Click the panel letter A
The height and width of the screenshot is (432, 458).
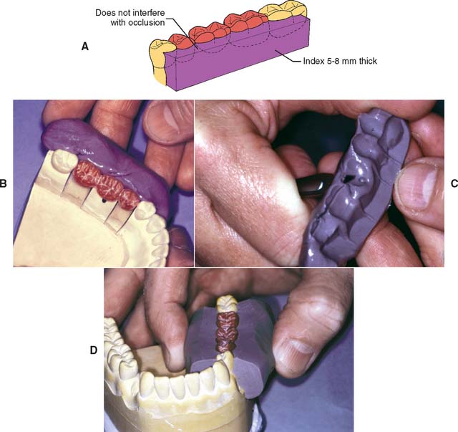(x=84, y=47)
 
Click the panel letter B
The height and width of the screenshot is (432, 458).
(x=3, y=183)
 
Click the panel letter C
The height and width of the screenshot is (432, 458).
(x=454, y=183)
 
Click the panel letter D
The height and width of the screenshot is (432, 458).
(x=94, y=350)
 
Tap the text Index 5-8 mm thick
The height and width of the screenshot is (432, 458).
(x=340, y=61)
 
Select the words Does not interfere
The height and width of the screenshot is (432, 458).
(x=130, y=13)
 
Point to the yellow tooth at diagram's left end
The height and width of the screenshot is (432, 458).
(x=158, y=62)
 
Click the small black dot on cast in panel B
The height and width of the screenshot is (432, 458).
(x=103, y=201)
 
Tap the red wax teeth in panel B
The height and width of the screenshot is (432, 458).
(x=107, y=184)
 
